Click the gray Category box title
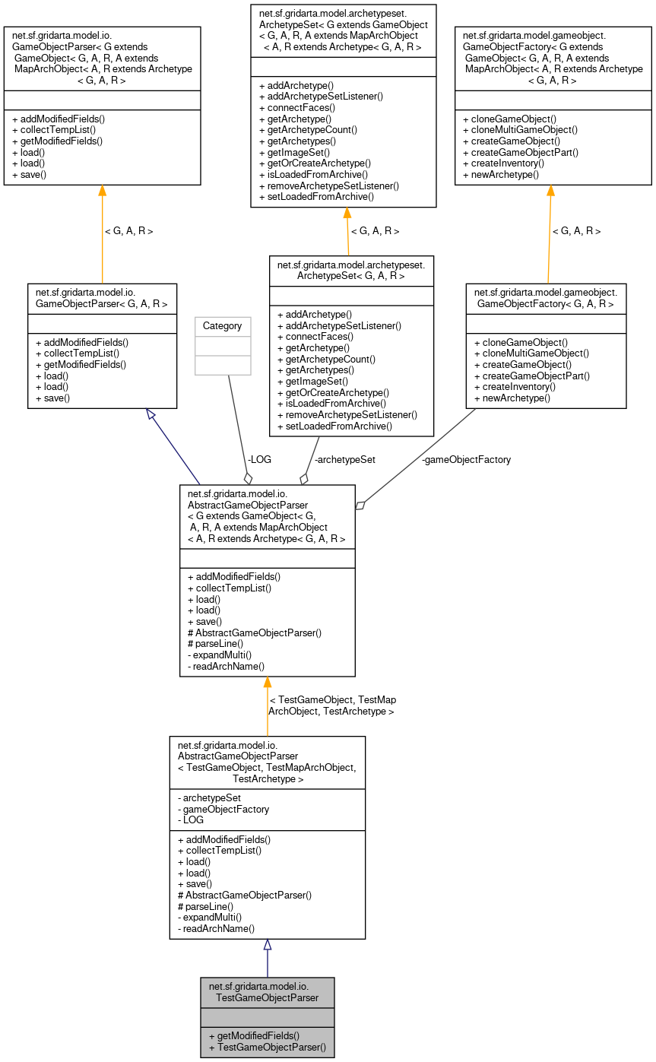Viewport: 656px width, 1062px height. pyautogui.click(x=223, y=326)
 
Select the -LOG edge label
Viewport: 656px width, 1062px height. pyautogui.click(x=258, y=459)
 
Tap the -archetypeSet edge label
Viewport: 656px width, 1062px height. pyautogui.click(x=344, y=459)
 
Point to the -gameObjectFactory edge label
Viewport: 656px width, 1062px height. pyautogui.click(x=466, y=459)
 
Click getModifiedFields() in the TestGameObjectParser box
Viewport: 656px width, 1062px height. pyautogui.click(x=258, y=1035)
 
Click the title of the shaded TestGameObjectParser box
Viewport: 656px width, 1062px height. pyautogui.click(x=267, y=991)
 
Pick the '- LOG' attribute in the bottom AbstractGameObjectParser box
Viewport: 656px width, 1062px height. pyautogui.click(x=191, y=820)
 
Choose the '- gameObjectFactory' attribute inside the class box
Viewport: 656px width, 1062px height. pyautogui.click(x=223, y=809)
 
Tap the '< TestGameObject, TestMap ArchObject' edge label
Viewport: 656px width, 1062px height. pyautogui.click(x=332, y=705)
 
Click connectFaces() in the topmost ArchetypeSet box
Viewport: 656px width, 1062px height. pyautogui.click(x=297, y=108)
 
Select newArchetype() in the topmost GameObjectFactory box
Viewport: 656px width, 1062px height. pyautogui.click(x=500, y=174)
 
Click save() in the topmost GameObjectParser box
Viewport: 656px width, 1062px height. pyautogui.click(x=29, y=174)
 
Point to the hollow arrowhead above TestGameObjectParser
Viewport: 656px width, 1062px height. pyautogui.click(x=267, y=945)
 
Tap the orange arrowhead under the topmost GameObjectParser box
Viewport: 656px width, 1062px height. pyautogui.click(x=102, y=191)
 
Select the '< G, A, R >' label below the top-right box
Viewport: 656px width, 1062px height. pyautogui.click(x=575, y=230)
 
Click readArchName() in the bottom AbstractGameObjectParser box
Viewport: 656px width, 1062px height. pyautogui.click(x=216, y=928)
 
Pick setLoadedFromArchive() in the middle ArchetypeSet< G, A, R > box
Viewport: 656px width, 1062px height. pyautogui.click(x=334, y=426)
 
